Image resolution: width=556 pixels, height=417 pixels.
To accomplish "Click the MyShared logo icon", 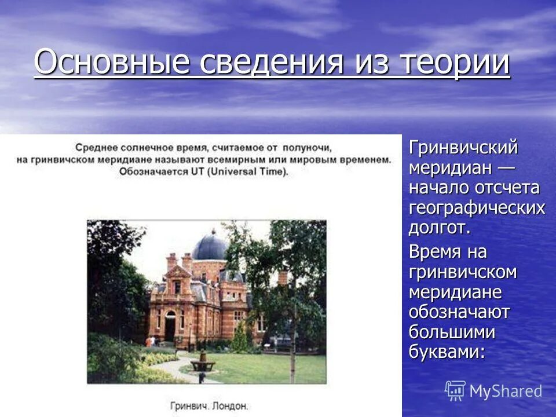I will click(x=455, y=391).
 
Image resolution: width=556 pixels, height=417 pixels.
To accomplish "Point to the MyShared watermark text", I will click(x=506, y=391).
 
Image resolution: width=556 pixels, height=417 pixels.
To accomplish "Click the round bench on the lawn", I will click(x=203, y=365).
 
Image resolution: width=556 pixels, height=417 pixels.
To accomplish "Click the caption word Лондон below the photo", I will click(x=231, y=405).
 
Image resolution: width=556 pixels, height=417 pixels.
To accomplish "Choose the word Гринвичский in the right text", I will click(x=463, y=148).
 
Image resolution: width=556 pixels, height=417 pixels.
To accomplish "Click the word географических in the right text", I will click(x=477, y=207).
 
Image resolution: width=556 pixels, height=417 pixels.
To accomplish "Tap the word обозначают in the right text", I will click(x=459, y=312).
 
